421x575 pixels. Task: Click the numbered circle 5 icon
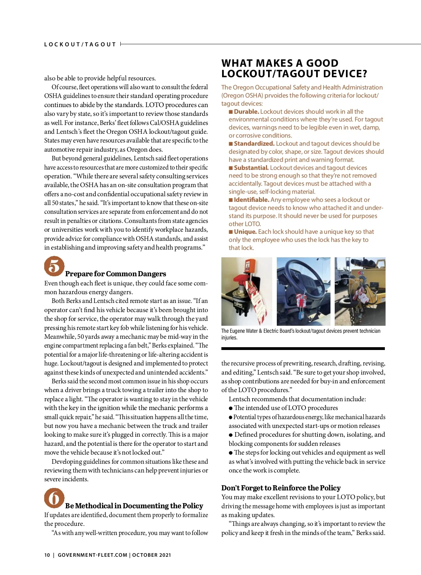point(54,266)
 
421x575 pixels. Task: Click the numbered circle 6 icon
point(54,498)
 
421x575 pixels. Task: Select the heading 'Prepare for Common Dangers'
point(115,274)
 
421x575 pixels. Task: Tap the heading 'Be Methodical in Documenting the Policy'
point(134,506)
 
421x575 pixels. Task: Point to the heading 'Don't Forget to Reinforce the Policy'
point(281,488)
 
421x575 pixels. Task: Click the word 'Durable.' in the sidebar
point(246,112)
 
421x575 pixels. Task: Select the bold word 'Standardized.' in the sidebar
point(254,144)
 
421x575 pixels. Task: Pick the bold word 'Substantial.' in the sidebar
point(251,168)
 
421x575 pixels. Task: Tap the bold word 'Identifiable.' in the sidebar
point(252,200)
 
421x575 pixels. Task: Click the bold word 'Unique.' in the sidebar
point(245,232)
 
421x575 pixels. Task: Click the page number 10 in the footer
point(47,555)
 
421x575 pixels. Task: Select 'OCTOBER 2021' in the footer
point(152,555)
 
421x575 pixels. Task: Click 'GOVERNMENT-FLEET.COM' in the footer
point(92,555)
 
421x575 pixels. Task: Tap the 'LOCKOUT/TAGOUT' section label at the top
point(80,44)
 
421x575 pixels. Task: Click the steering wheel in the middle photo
point(298,277)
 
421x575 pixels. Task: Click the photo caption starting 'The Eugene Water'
point(301,334)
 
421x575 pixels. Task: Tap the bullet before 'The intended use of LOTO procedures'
point(231,408)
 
